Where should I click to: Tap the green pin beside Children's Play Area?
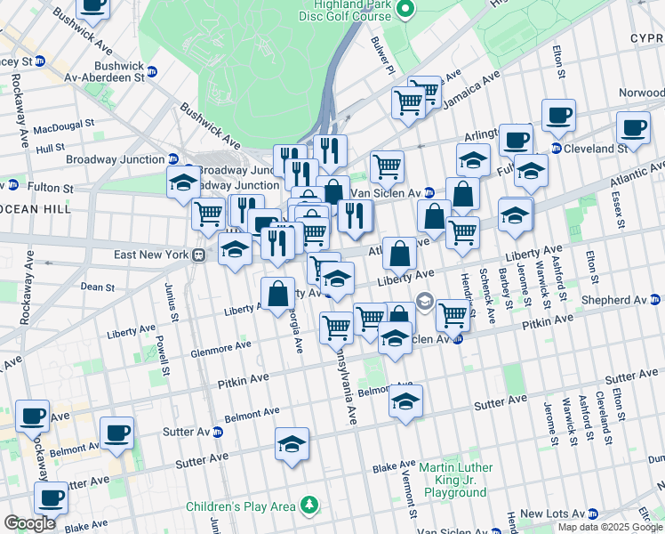point(308,506)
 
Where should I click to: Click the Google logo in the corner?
point(30,523)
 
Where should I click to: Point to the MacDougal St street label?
point(64,127)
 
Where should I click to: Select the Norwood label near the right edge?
point(641,93)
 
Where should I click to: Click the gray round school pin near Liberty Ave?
point(424,300)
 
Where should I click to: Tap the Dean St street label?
point(97,287)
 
